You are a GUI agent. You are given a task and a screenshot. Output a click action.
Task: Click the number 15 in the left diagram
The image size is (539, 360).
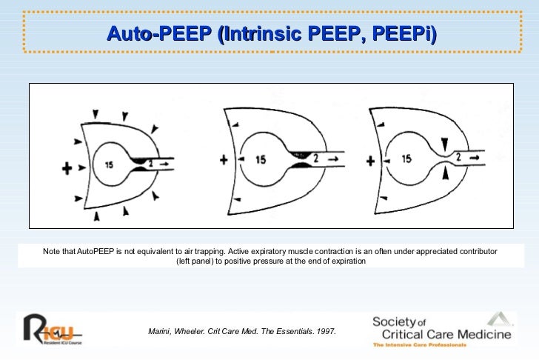[x=109, y=165]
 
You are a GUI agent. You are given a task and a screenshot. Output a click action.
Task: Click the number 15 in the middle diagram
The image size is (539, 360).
[x=261, y=159]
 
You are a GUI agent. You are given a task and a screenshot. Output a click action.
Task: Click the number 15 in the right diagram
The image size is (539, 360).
[x=406, y=159]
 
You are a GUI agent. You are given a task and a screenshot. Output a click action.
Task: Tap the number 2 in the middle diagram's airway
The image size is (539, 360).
[x=316, y=159]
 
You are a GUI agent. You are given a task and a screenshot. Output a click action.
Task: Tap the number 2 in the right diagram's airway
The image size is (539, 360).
[x=458, y=157]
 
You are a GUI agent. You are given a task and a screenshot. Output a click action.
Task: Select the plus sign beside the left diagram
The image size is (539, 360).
[x=67, y=168]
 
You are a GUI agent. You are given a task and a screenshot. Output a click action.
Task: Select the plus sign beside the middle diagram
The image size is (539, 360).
[x=224, y=160]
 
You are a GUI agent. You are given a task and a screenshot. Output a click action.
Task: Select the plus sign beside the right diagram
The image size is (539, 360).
[x=370, y=161]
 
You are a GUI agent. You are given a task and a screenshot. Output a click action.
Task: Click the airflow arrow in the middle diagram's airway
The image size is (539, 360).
[x=333, y=159]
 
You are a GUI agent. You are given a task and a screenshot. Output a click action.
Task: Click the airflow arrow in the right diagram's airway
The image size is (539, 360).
[x=475, y=158]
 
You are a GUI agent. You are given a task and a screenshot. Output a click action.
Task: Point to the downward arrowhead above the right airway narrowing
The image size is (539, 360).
[x=445, y=144]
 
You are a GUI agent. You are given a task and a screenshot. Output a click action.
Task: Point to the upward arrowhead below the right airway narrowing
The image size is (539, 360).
[x=446, y=173]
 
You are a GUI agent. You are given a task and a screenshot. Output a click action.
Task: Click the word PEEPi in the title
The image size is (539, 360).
[x=404, y=33]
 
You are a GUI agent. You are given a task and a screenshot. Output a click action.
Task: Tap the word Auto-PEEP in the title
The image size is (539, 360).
[x=159, y=33]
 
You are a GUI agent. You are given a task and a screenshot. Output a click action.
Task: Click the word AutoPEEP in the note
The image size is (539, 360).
[x=96, y=251]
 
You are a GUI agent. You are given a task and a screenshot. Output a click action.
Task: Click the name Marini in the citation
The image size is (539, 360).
[x=159, y=331]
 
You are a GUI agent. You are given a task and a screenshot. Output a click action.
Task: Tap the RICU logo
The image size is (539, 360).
[x=53, y=329]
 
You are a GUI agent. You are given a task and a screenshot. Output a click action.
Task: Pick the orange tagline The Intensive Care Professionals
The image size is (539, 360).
[x=420, y=344]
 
